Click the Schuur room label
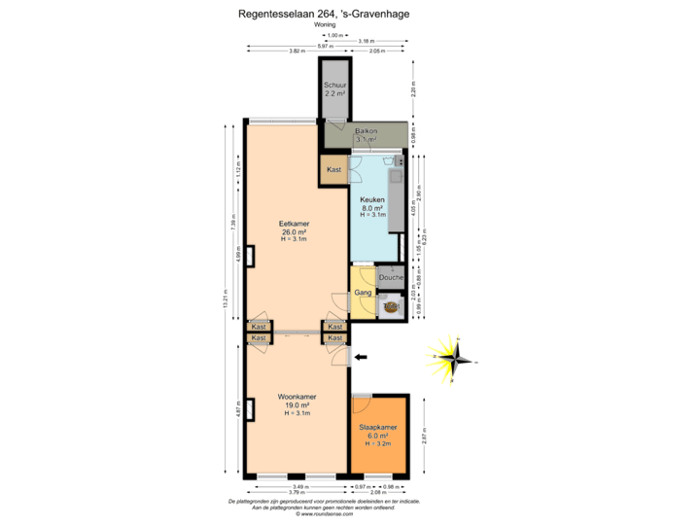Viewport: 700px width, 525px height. [334, 85]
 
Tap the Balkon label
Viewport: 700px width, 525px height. [366, 130]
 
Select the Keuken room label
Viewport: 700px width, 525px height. [372, 199]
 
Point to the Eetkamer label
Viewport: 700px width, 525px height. [294, 224]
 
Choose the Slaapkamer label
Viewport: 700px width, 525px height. [378, 428]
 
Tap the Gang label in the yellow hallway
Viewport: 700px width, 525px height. [362, 292]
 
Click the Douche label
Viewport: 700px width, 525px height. [391, 277]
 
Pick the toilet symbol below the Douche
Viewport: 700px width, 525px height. [392, 306]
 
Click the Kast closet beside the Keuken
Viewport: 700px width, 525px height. [334, 170]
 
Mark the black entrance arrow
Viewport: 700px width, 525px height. [362, 358]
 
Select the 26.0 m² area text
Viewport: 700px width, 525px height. [294, 232]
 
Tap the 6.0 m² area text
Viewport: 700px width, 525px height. [378, 437]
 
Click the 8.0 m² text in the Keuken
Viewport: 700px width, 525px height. [372, 208]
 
